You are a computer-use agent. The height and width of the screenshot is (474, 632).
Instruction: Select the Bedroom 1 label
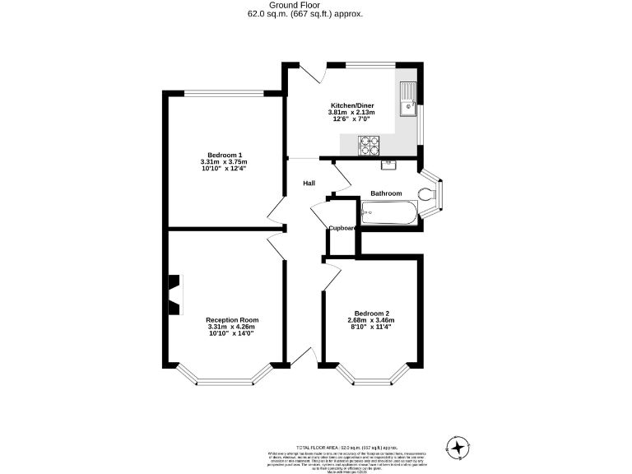224,156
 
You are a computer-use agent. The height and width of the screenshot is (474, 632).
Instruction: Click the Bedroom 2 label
372,314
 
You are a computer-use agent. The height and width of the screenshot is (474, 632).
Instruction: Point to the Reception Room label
232,319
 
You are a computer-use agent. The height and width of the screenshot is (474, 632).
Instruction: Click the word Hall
309,183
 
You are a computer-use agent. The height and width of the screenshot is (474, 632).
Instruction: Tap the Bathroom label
386,193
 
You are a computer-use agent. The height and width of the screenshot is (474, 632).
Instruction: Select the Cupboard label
343,228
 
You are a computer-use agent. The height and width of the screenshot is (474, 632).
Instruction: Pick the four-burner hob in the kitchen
370,144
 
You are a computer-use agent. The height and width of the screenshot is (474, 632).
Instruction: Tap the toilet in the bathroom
426,194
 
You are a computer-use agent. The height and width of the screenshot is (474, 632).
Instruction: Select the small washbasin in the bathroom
389,165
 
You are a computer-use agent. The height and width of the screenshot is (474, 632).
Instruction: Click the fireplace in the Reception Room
174,294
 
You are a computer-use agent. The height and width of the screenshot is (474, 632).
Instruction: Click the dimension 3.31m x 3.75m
224,162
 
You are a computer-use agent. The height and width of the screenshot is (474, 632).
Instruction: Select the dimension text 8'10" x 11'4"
372,327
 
